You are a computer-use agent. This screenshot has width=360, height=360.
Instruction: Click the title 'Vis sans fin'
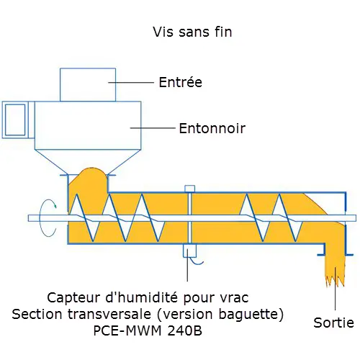tap(192, 32)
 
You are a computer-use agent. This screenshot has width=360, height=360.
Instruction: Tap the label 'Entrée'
tap(181, 82)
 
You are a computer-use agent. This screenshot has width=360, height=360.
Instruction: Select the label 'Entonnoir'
tap(212, 128)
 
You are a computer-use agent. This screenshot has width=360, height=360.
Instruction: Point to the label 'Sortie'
tap(333, 323)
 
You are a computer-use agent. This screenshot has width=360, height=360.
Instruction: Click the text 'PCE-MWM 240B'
tap(148, 330)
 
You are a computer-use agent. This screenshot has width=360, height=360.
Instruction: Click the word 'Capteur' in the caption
tap(74, 298)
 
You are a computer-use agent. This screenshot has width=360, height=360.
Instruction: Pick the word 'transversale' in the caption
tap(109, 314)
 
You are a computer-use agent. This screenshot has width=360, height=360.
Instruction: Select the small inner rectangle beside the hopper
tap(15, 120)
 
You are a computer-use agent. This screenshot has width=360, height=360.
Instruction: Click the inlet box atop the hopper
tap(88, 85)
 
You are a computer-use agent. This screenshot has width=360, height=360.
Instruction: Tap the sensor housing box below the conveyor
tap(189, 251)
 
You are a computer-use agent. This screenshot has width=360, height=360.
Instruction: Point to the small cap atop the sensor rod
tap(189, 189)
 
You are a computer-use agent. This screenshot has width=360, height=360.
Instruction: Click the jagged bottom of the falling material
tap(335, 281)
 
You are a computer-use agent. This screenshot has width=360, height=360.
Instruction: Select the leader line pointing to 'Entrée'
tap(131, 82)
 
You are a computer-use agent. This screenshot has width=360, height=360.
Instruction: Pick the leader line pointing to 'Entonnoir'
tap(153, 128)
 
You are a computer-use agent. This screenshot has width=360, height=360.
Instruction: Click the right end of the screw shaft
tap(356, 218)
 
